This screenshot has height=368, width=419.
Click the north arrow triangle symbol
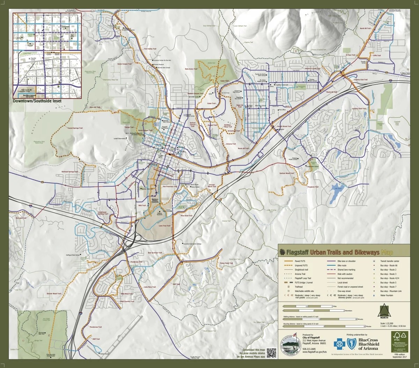point(383,310)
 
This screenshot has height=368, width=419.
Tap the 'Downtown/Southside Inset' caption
point(37,101)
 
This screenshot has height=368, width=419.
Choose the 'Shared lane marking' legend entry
point(346,269)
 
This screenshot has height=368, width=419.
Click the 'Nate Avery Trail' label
point(191,69)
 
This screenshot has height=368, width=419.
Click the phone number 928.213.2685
point(310,349)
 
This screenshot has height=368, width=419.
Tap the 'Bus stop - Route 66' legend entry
point(388,265)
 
